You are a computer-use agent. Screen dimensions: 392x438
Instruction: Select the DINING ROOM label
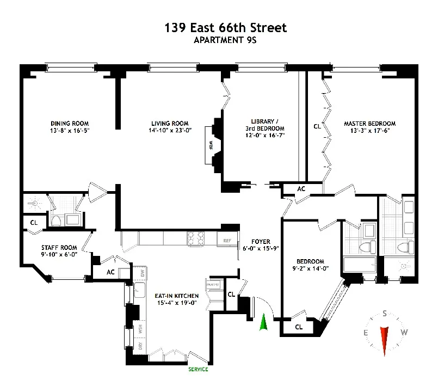[69, 124]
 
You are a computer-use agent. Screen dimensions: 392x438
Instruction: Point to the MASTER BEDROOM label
[369, 124]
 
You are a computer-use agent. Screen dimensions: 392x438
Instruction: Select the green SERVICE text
[198, 369]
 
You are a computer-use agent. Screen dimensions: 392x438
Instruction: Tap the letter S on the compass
[385, 314]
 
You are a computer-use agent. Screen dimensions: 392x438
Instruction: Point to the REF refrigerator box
[226, 240]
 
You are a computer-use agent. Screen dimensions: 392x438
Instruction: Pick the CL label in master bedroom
[317, 126]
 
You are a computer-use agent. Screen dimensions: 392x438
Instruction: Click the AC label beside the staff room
[110, 271]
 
